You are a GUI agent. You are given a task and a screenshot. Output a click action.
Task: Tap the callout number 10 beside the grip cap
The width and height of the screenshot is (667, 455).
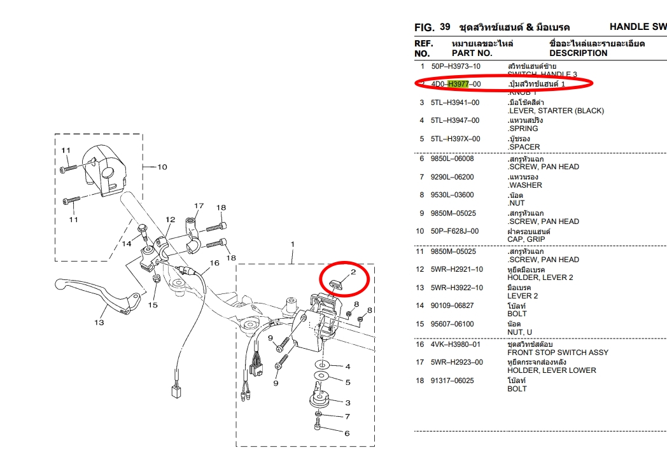(x=162, y=167)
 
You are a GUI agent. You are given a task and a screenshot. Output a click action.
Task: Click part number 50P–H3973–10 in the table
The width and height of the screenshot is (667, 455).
(x=456, y=66)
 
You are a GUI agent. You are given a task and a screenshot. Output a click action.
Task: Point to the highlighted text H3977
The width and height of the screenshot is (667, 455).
(x=458, y=84)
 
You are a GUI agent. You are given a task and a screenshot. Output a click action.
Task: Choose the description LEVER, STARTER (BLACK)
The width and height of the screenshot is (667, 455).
(x=556, y=111)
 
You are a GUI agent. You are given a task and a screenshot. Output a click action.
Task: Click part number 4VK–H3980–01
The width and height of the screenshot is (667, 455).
(x=456, y=344)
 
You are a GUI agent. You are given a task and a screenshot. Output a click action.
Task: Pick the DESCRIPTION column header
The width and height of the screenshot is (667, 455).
(x=578, y=53)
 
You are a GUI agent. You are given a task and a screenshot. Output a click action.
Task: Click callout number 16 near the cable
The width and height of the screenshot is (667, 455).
(x=214, y=263)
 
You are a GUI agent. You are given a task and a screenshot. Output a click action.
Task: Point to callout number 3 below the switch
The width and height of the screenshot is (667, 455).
(x=348, y=403)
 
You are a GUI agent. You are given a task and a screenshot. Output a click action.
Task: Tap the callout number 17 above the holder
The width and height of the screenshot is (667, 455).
(x=199, y=206)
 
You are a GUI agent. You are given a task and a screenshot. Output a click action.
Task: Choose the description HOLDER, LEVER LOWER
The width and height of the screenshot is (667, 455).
(x=551, y=370)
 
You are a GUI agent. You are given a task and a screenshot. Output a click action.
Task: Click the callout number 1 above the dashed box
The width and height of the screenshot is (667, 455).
(x=293, y=244)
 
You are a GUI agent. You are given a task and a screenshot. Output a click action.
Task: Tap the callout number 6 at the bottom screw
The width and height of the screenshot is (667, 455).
(x=347, y=434)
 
